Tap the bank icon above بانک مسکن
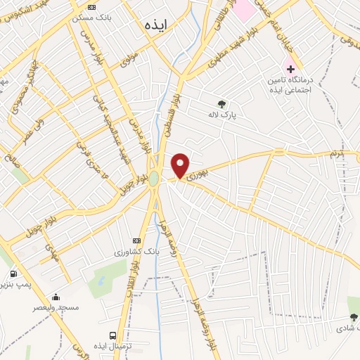click(91, 6)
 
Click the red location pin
click(181, 166)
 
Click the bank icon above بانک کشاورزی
click(136, 241)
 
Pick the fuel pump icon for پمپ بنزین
click(13, 274)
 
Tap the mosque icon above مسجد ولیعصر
click(56, 297)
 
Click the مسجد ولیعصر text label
click(56, 308)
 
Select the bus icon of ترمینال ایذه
click(112, 335)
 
